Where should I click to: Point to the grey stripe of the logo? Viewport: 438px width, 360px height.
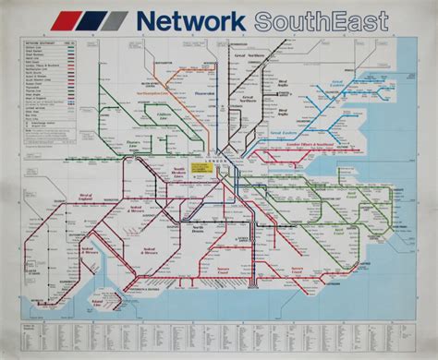click(x=115, y=20)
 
